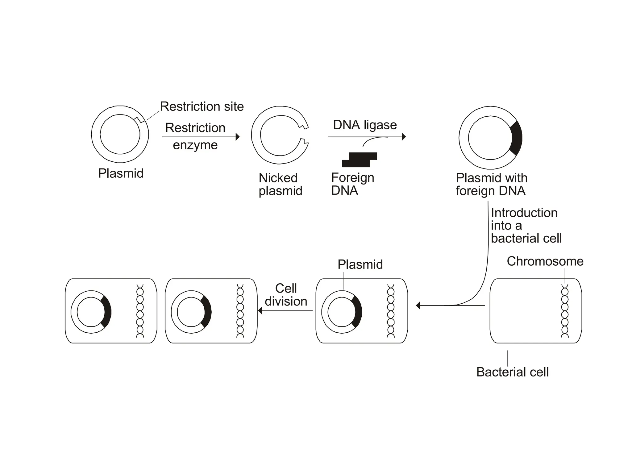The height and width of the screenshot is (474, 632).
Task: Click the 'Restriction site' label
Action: [x=202, y=106]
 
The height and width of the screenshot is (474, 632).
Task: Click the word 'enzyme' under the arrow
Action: [x=195, y=145]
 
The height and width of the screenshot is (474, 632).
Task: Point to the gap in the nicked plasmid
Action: [x=305, y=135]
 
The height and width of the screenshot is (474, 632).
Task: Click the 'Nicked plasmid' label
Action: [x=280, y=184]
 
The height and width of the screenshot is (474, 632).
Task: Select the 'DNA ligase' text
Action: [x=365, y=125]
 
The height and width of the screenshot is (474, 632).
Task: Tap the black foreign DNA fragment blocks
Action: [x=360, y=160]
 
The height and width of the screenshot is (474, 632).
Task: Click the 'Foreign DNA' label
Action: [x=352, y=184]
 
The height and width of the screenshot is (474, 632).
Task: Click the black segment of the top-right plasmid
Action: [x=516, y=138]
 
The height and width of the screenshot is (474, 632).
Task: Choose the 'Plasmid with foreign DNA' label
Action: [x=491, y=184]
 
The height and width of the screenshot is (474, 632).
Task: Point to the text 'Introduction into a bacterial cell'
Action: [x=526, y=226]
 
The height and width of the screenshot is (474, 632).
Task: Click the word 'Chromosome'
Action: [x=545, y=261]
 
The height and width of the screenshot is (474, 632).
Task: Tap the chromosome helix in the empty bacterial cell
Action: [x=565, y=311]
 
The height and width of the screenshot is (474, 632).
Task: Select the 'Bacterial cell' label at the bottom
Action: [x=512, y=372]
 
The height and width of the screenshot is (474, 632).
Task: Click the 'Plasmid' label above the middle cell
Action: [x=360, y=264]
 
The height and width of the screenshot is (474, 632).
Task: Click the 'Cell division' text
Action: [x=286, y=295]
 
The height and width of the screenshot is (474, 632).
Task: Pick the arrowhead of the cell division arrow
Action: [x=260, y=310]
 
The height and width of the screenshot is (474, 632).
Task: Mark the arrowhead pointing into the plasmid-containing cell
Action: [x=418, y=306]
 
